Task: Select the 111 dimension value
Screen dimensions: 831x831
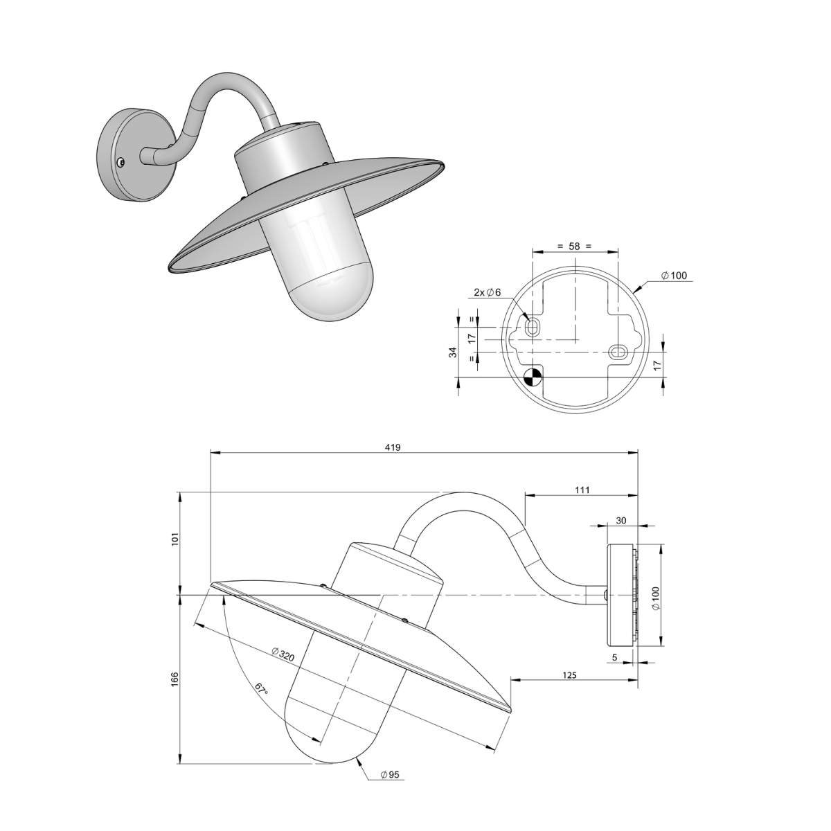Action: pos(582,490)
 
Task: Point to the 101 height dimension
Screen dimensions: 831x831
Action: pos(175,539)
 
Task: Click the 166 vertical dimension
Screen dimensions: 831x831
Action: pos(175,679)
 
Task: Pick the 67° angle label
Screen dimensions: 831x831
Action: pos(260,690)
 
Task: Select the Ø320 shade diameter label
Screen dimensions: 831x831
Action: pos(284,653)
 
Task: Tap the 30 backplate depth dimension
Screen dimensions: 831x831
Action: pos(620,520)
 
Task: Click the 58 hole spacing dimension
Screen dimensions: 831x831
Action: pos(574,246)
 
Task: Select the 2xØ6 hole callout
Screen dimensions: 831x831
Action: pos(488,293)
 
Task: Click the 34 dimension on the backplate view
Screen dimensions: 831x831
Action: pos(453,352)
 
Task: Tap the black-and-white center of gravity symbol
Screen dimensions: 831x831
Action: pos(533,377)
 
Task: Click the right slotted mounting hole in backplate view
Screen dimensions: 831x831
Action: pos(616,352)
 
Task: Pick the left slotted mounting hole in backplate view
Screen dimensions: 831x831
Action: pos(532,327)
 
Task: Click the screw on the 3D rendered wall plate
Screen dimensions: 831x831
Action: pos(121,162)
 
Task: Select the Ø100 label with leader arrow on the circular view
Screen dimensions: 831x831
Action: pos(673,276)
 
